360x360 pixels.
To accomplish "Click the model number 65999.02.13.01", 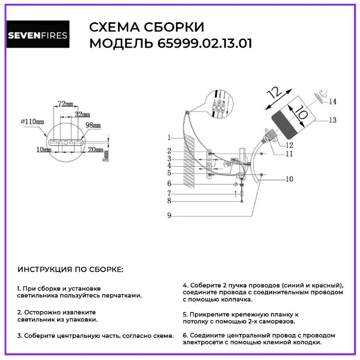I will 201,44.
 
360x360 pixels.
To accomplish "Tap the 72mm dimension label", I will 65,104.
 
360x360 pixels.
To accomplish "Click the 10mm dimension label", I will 39,150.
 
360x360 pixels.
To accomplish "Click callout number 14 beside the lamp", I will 333,102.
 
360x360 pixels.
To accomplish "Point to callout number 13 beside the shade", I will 333,120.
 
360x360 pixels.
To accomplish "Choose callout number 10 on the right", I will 289,179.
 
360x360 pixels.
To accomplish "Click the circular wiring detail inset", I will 219,104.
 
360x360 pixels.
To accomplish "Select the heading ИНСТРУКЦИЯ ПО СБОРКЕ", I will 71,270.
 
